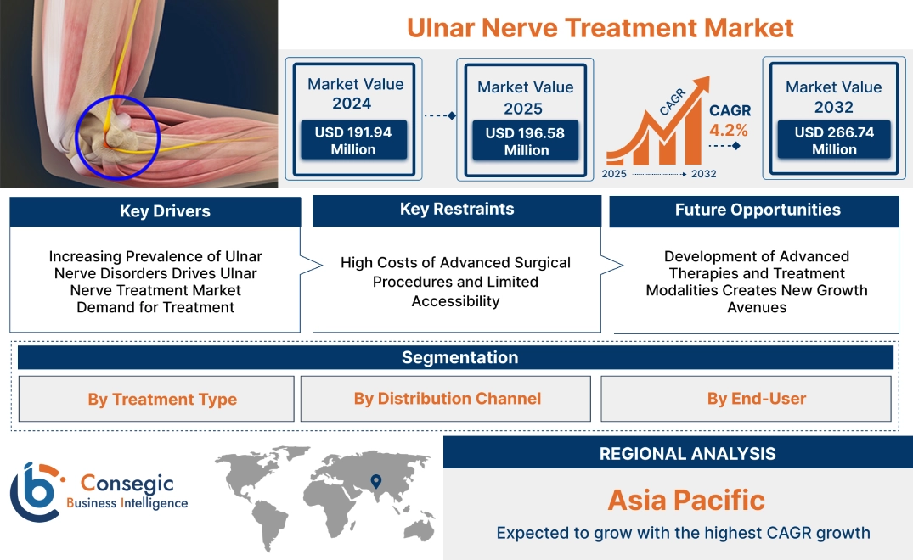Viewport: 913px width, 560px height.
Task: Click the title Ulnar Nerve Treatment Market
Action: click(600, 28)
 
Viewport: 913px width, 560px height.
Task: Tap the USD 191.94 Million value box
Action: click(353, 140)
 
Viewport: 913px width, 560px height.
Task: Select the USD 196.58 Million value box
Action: click(526, 141)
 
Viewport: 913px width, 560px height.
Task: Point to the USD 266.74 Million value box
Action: click(834, 140)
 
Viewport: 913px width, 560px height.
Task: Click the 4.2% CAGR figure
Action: click(729, 130)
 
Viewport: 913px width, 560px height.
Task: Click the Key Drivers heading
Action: click(165, 211)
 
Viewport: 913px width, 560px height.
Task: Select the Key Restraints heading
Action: click(457, 210)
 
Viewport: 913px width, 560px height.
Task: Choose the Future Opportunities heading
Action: click(758, 210)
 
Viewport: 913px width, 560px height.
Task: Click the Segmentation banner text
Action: click(460, 357)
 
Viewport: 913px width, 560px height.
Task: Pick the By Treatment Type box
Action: click(156, 399)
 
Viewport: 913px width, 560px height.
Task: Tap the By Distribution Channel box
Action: click(445, 398)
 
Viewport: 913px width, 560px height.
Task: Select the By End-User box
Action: click(746, 398)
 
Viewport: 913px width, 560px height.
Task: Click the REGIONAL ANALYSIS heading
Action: click(688, 454)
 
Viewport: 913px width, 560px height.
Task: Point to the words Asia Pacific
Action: click(686, 500)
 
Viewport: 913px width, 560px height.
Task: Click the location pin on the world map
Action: click(376, 481)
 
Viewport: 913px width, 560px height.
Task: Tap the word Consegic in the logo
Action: click(127, 483)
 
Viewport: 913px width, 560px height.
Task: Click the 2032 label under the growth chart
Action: click(703, 174)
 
